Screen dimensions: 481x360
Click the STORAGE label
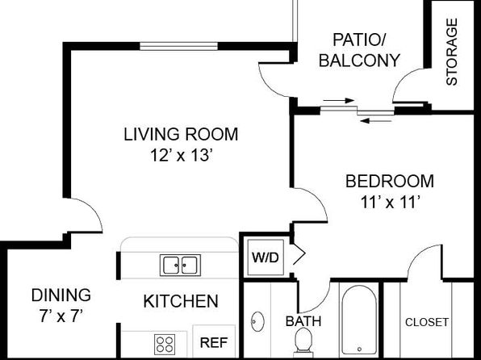coord(452,52)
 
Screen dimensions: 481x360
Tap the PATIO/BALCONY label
coord(359,50)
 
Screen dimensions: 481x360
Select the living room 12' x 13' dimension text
coord(181,155)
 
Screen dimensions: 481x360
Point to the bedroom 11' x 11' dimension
coord(390,202)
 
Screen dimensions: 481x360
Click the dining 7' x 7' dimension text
coord(61,316)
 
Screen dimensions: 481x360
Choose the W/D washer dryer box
coord(266,257)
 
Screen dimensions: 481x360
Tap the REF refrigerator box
coord(214,341)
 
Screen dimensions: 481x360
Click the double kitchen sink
coord(181,266)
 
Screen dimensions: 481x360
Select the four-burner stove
coord(165,344)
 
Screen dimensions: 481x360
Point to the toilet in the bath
coord(303,341)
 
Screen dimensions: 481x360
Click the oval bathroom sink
coord(257,321)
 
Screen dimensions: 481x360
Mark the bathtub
coord(359,320)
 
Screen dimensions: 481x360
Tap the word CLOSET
coord(427,322)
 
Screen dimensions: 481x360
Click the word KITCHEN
coord(181,301)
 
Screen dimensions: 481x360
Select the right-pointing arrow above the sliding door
coord(339,100)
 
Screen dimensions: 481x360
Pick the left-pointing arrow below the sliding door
coord(376,121)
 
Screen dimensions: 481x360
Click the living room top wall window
coord(179,46)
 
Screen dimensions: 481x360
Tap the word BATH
coord(303,321)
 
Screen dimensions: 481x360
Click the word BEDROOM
coord(390,181)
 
